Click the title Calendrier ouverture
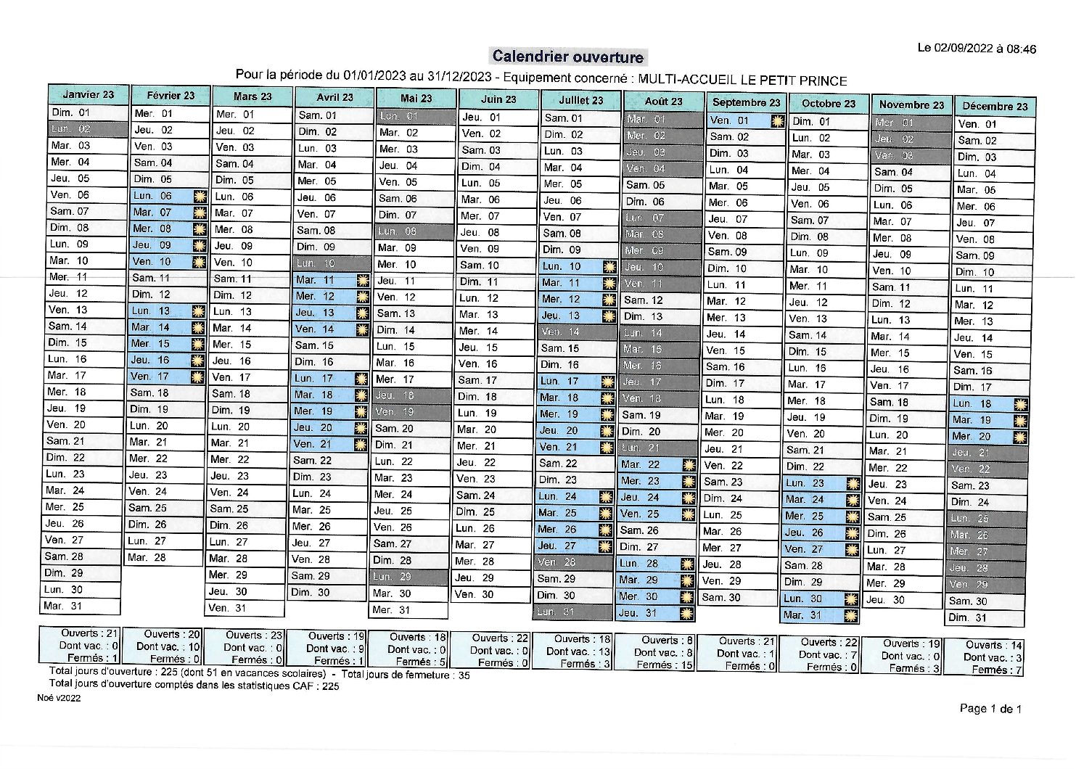pyautogui.click(x=568, y=57)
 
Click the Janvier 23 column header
pyautogui.click(x=89, y=94)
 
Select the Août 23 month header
pyautogui.click(x=663, y=102)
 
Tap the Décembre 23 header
pyautogui.click(x=995, y=106)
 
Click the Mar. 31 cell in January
pyautogui.click(x=80, y=606)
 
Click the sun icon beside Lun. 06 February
pyautogui.click(x=200, y=196)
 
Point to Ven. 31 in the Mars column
pyautogui.click(x=245, y=608)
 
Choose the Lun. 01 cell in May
pyautogui.click(x=414, y=116)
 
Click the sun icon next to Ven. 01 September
pyautogui.click(x=777, y=120)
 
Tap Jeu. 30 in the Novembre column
pyautogui.click(x=903, y=600)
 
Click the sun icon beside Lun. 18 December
pyautogui.click(x=1020, y=404)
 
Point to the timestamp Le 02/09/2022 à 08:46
pyautogui.click(x=977, y=49)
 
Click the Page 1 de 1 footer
pyautogui.click(x=990, y=709)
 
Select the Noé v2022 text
pyautogui.click(x=59, y=697)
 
